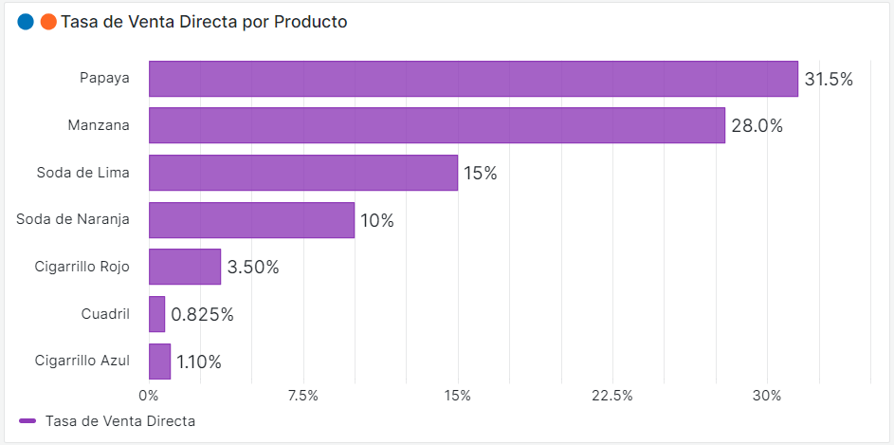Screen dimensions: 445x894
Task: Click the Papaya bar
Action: click(473, 79)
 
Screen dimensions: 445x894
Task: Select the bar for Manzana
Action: click(436, 125)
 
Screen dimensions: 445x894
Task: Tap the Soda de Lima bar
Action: click(302, 173)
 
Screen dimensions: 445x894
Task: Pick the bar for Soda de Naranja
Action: click(251, 220)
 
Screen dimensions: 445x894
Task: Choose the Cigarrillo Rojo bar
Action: click(185, 267)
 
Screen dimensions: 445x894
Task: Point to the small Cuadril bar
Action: click(157, 314)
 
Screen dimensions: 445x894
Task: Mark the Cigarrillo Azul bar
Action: click(160, 362)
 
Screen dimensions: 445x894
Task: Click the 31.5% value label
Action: click(829, 80)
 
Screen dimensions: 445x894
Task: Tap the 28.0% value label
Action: click(757, 126)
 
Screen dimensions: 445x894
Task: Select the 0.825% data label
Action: click(202, 315)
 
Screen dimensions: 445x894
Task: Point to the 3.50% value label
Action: click(253, 268)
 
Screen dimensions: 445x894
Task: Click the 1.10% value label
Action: click(199, 362)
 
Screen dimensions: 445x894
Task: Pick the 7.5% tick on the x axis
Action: click(303, 396)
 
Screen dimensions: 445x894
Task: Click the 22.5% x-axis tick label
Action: click(612, 396)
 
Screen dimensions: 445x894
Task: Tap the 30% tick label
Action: click(767, 396)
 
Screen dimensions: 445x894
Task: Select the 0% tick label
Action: click(149, 396)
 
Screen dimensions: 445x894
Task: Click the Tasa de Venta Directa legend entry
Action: click(107, 420)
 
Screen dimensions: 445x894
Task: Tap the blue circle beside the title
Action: click(26, 22)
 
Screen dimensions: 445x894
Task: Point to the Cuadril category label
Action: click(105, 314)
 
